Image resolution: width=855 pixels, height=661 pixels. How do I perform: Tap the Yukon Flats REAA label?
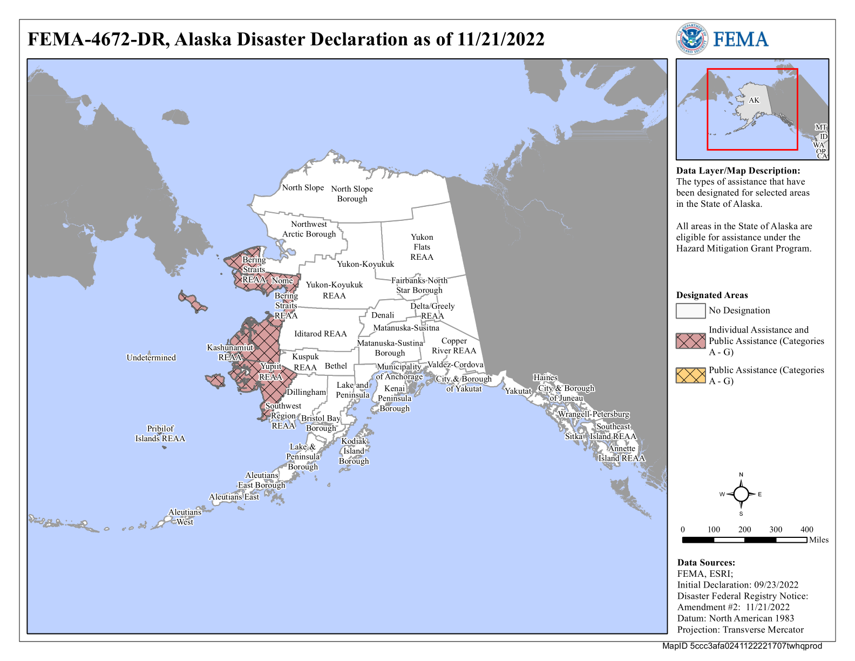[422, 247]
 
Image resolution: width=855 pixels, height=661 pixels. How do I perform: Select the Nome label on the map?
[282, 280]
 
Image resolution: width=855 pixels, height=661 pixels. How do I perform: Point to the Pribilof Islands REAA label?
[160, 434]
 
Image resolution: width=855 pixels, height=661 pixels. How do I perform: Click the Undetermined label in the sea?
[151, 358]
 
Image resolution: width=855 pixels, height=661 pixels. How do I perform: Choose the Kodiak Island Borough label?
[354, 451]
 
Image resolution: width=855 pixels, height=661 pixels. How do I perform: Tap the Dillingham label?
[306, 392]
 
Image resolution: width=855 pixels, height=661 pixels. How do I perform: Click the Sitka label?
[574, 436]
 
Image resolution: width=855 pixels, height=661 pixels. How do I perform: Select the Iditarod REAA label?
[320, 334]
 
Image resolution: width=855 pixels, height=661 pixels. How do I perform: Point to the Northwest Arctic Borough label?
[309, 229]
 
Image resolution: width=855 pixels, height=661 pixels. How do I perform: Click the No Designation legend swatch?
[690, 311]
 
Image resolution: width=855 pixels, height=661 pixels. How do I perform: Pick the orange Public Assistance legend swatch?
[690, 375]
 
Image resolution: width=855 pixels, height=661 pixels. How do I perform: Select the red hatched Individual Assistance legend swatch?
[690, 341]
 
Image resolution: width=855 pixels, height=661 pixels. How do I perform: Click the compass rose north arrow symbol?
[741, 494]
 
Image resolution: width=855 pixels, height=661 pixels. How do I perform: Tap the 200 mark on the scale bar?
[744, 529]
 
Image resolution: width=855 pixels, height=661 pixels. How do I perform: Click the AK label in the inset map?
[754, 100]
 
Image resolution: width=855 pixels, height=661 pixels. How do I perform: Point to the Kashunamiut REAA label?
[230, 352]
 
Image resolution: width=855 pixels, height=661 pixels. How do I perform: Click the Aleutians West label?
[185, 517]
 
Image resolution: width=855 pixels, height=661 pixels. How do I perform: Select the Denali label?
[383, 315]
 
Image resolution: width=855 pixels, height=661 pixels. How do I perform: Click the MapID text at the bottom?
[742, 646]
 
